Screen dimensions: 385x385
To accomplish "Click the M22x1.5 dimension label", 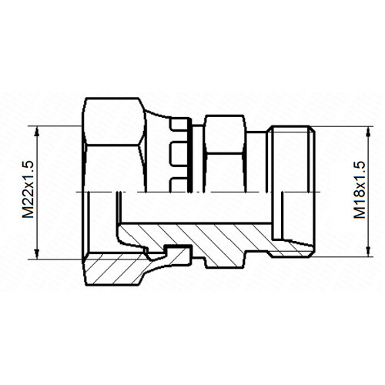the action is pos(28,189).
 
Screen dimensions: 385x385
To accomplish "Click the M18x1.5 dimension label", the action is pos(360,189).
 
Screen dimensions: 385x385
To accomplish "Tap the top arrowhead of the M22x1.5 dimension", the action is pos(37,132).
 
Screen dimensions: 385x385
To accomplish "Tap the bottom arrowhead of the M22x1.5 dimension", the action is pos(37,253).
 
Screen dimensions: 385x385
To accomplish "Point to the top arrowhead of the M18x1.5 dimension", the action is pos(369,132).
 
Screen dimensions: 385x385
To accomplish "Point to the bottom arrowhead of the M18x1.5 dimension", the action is pos(369,251).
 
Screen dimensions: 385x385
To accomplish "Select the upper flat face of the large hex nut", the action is pos(113,121).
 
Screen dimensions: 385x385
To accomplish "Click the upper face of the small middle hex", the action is pos(224,134).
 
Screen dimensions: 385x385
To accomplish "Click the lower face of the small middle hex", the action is pos(225,172).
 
